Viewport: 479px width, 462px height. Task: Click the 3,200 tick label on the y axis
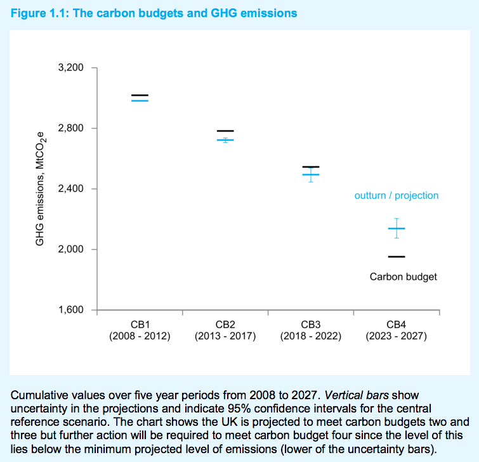point(70,68)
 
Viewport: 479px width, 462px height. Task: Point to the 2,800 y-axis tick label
point(70,128)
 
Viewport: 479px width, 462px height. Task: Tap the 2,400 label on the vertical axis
point(70,189)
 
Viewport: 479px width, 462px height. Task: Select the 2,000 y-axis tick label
point(70,249)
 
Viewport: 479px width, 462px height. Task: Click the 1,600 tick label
point(70,310)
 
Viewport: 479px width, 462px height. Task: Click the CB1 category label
point(140,324)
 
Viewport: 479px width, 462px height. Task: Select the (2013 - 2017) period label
point(225,336)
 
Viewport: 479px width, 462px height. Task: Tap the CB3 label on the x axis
point(311,324)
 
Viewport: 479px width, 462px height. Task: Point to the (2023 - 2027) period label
point(397,336)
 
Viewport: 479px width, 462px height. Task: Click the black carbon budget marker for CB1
point(140,96)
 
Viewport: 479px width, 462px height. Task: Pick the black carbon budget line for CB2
point(225,131)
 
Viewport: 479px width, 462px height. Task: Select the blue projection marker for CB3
point(311,174)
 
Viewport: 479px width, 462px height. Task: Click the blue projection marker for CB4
point(397,228)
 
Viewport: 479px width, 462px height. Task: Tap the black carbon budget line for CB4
point(397,256)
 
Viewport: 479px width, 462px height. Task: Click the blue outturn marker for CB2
point(225,140)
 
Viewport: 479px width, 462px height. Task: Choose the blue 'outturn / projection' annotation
point(397,195)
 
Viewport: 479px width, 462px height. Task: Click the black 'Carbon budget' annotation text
point(404,277)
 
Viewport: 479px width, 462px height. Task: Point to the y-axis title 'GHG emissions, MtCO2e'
point(41,189)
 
